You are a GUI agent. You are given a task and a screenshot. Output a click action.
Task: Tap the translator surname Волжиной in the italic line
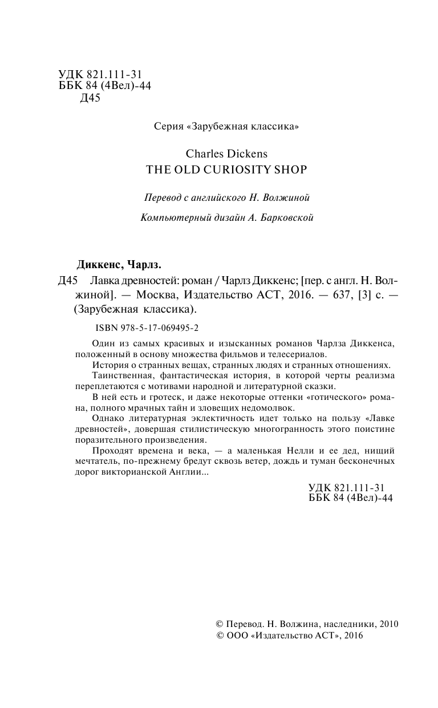pyautogui.click(x=289, y=198)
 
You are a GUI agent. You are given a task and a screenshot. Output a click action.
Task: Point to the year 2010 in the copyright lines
pyautogui.click(x=388, y=624)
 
